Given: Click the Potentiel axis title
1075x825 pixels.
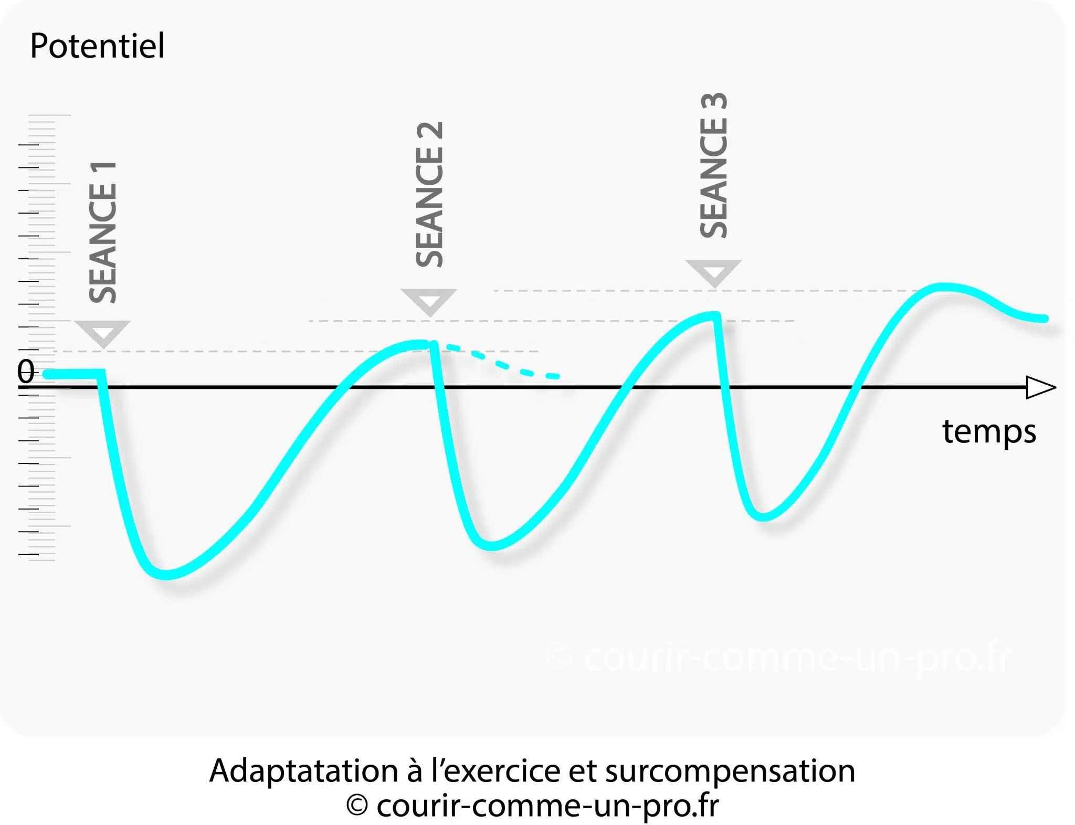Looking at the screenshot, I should pos(97,46).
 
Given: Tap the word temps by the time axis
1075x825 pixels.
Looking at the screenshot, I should pos(989,431).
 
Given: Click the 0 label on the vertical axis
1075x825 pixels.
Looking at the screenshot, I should pos(26,372).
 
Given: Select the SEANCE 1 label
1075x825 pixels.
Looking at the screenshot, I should pos(103,232).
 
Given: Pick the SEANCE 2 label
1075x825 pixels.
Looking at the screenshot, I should pos(429,194).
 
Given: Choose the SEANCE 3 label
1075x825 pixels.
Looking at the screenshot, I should pos(714,165).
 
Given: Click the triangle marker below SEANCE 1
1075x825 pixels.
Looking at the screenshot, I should pos(102,333).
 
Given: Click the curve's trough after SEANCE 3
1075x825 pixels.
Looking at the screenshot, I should pos(763,516).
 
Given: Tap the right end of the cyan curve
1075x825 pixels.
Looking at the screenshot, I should pos(1045,319).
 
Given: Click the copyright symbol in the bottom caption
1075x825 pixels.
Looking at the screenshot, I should pos(357,805).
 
